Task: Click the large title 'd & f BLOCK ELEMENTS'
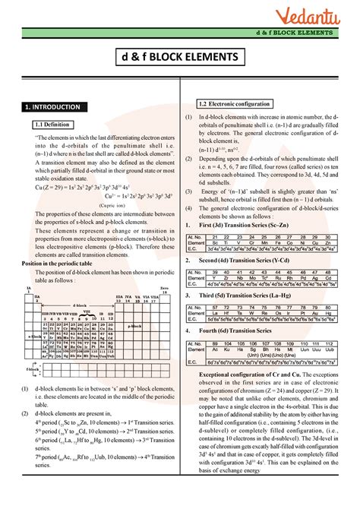coord(180,58)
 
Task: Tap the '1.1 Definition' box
coord(52,124)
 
